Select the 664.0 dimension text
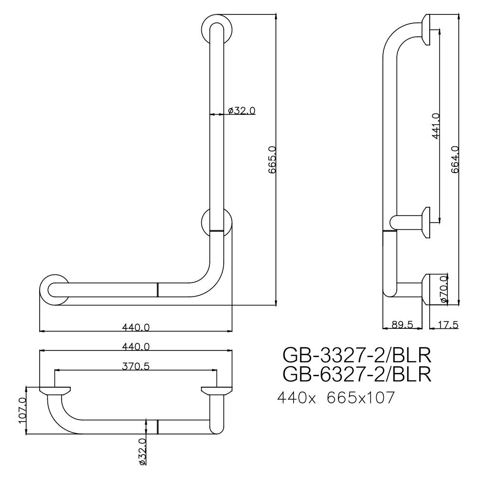pyautogui.click(x=455, y=160)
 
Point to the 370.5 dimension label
pyautogui.click(x=136, y=366)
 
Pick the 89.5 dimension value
pyautogui.click(x=402, y=325)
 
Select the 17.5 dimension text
pyautogui.click(x=448, y=325)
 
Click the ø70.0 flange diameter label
pyautogui.click(x=444, y=288)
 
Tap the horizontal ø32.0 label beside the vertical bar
pyautogui.click(x=241, y=110)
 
